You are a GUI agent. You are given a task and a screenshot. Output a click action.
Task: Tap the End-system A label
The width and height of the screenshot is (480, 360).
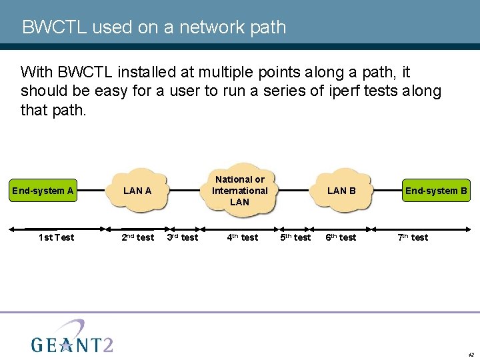coord(43,191)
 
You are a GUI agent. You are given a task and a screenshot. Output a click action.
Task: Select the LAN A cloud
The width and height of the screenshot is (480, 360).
coord(138,191)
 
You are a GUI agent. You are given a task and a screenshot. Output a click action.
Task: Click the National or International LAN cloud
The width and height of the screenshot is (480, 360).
coord(239,190)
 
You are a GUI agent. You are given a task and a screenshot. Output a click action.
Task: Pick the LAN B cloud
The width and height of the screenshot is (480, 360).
coord(341,191)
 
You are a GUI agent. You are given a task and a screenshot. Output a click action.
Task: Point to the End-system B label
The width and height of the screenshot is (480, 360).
coord(437,191)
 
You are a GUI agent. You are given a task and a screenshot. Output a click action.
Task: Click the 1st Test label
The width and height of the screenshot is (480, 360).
coord(56,237)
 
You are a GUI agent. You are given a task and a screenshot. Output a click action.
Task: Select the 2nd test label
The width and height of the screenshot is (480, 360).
coord(137,237)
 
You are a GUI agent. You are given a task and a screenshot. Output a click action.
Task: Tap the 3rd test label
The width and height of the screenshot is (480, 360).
coord(182,237)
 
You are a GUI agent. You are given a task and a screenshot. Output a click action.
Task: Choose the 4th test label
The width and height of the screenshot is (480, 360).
coord(242,237)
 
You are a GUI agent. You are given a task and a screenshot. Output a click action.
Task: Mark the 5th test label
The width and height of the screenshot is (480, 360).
coord(295,237)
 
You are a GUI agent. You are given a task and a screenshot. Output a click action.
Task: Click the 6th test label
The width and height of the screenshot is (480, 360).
coord(340,237)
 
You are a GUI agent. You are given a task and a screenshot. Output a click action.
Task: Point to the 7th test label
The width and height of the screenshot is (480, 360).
coord(413,237)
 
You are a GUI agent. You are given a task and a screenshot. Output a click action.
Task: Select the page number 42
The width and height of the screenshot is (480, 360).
coord(471,355)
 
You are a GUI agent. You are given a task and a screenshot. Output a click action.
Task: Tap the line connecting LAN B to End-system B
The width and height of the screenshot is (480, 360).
coord(387,190)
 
